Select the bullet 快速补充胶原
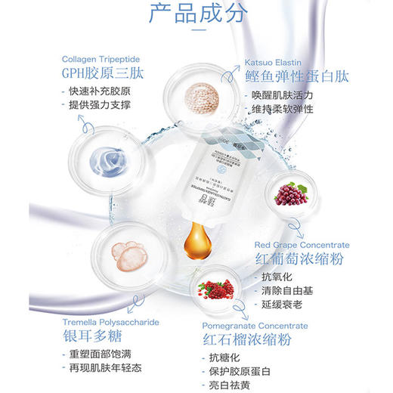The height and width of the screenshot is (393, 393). click(98, 94)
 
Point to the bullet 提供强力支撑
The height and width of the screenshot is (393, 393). click(98, 108)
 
